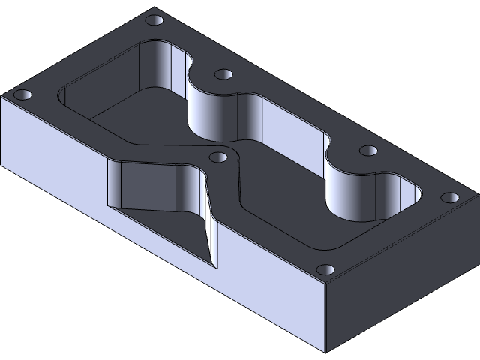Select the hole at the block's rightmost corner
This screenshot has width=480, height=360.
[x=450, y=199]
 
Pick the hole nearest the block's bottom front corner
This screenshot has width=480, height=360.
[x=325, y=268]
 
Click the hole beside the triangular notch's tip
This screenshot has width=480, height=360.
[x=218, y=158]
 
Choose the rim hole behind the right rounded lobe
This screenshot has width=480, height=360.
[x=367, y=151]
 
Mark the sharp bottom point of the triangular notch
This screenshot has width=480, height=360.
[x=217, y=268]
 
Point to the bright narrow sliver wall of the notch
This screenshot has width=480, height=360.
[x=209, y=225]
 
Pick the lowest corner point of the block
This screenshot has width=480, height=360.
[x=326, y=350]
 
